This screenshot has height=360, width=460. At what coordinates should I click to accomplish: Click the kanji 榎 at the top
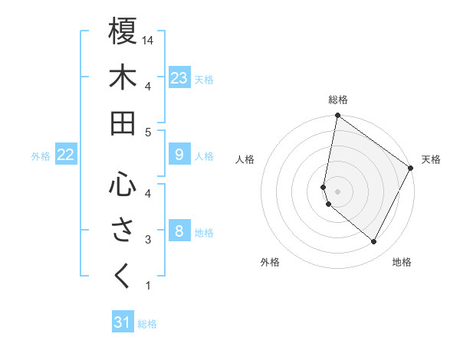point(123,32)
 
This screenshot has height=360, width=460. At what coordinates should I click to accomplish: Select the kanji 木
point(123,77)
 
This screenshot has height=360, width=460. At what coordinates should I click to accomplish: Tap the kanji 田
point(123,123)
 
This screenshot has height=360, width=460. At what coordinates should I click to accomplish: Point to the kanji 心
point(123,184)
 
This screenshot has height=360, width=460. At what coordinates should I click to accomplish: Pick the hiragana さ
point(123,231)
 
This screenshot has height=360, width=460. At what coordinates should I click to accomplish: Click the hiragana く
point(123,276)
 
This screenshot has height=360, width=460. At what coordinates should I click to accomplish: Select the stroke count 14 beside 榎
point(149,40)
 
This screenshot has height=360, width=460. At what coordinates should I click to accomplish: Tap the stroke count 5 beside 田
point(148,132)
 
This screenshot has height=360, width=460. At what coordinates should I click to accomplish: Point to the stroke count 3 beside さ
point(148,240)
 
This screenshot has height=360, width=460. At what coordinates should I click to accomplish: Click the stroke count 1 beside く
point(148,286)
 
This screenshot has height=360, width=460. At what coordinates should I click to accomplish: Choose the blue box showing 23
point(179,78)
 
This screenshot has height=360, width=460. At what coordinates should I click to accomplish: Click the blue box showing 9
point(179,155)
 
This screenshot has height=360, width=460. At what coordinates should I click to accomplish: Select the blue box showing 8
point(179,231)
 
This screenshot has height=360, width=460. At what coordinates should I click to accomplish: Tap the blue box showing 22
point(66,155)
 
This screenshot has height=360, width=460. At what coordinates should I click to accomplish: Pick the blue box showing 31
point(123,322)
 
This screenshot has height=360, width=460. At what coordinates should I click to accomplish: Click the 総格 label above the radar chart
point(338,100)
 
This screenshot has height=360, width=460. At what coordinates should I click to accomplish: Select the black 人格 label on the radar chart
point(245,159)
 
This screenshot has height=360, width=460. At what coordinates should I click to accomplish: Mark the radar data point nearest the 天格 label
point(411,169)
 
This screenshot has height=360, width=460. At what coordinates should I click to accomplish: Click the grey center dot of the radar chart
point(338,191)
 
